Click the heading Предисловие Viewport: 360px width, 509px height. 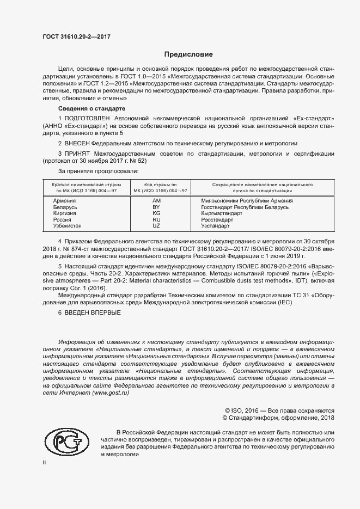coord(188,54)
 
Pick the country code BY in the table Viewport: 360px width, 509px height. coord(156,207)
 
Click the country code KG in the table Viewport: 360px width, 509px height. coord(156,213)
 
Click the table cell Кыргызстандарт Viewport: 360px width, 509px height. coord(222,213)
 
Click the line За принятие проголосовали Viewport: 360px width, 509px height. coord(94,171)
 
